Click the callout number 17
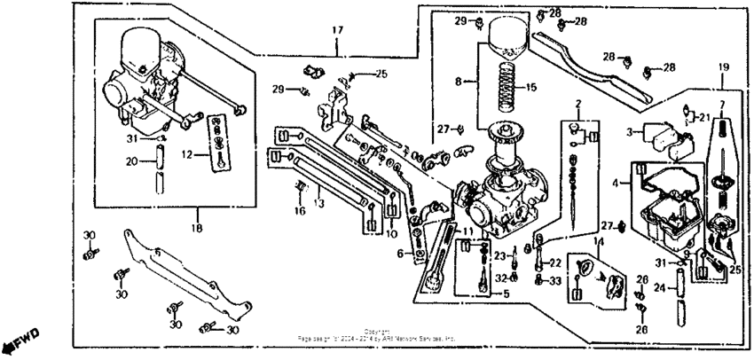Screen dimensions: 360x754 (336, 30)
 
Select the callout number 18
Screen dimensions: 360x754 (196, 228)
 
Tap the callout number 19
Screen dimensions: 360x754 (723, 67)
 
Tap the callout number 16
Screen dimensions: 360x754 (300, 211)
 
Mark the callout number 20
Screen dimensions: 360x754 (130, 161)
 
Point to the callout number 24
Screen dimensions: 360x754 (658, 287)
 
